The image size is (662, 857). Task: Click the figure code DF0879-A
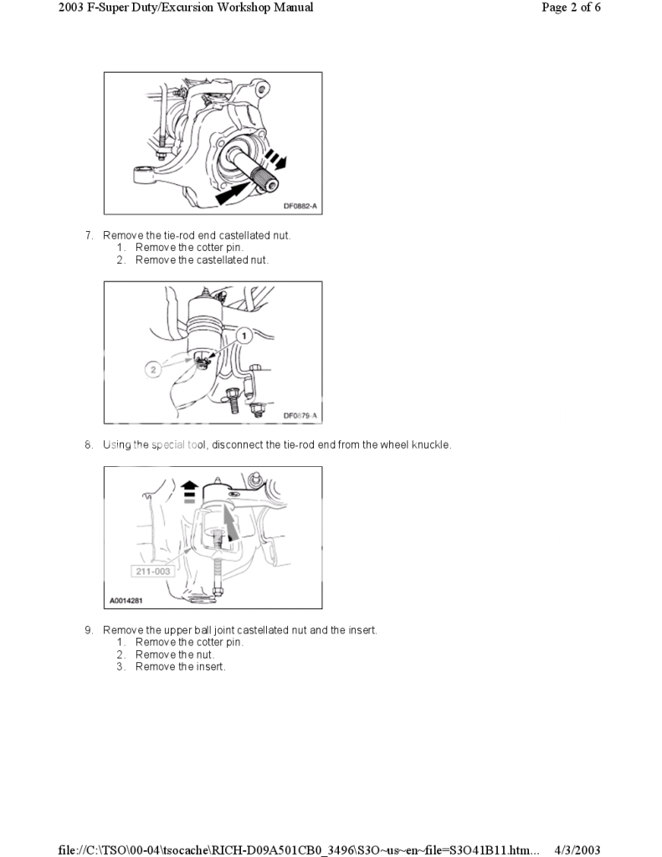pos(300,415)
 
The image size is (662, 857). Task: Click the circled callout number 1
pos(244,335)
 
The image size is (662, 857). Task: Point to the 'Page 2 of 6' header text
pos(572,8)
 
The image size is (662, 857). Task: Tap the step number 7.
pos(88,236)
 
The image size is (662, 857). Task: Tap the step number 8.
pos(88,445)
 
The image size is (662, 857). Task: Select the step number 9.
pos(88,630)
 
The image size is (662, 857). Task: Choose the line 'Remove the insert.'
pos(180,667)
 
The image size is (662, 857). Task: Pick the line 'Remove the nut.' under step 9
pos(174,654)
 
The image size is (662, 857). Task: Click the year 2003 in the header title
pos(75,8)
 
